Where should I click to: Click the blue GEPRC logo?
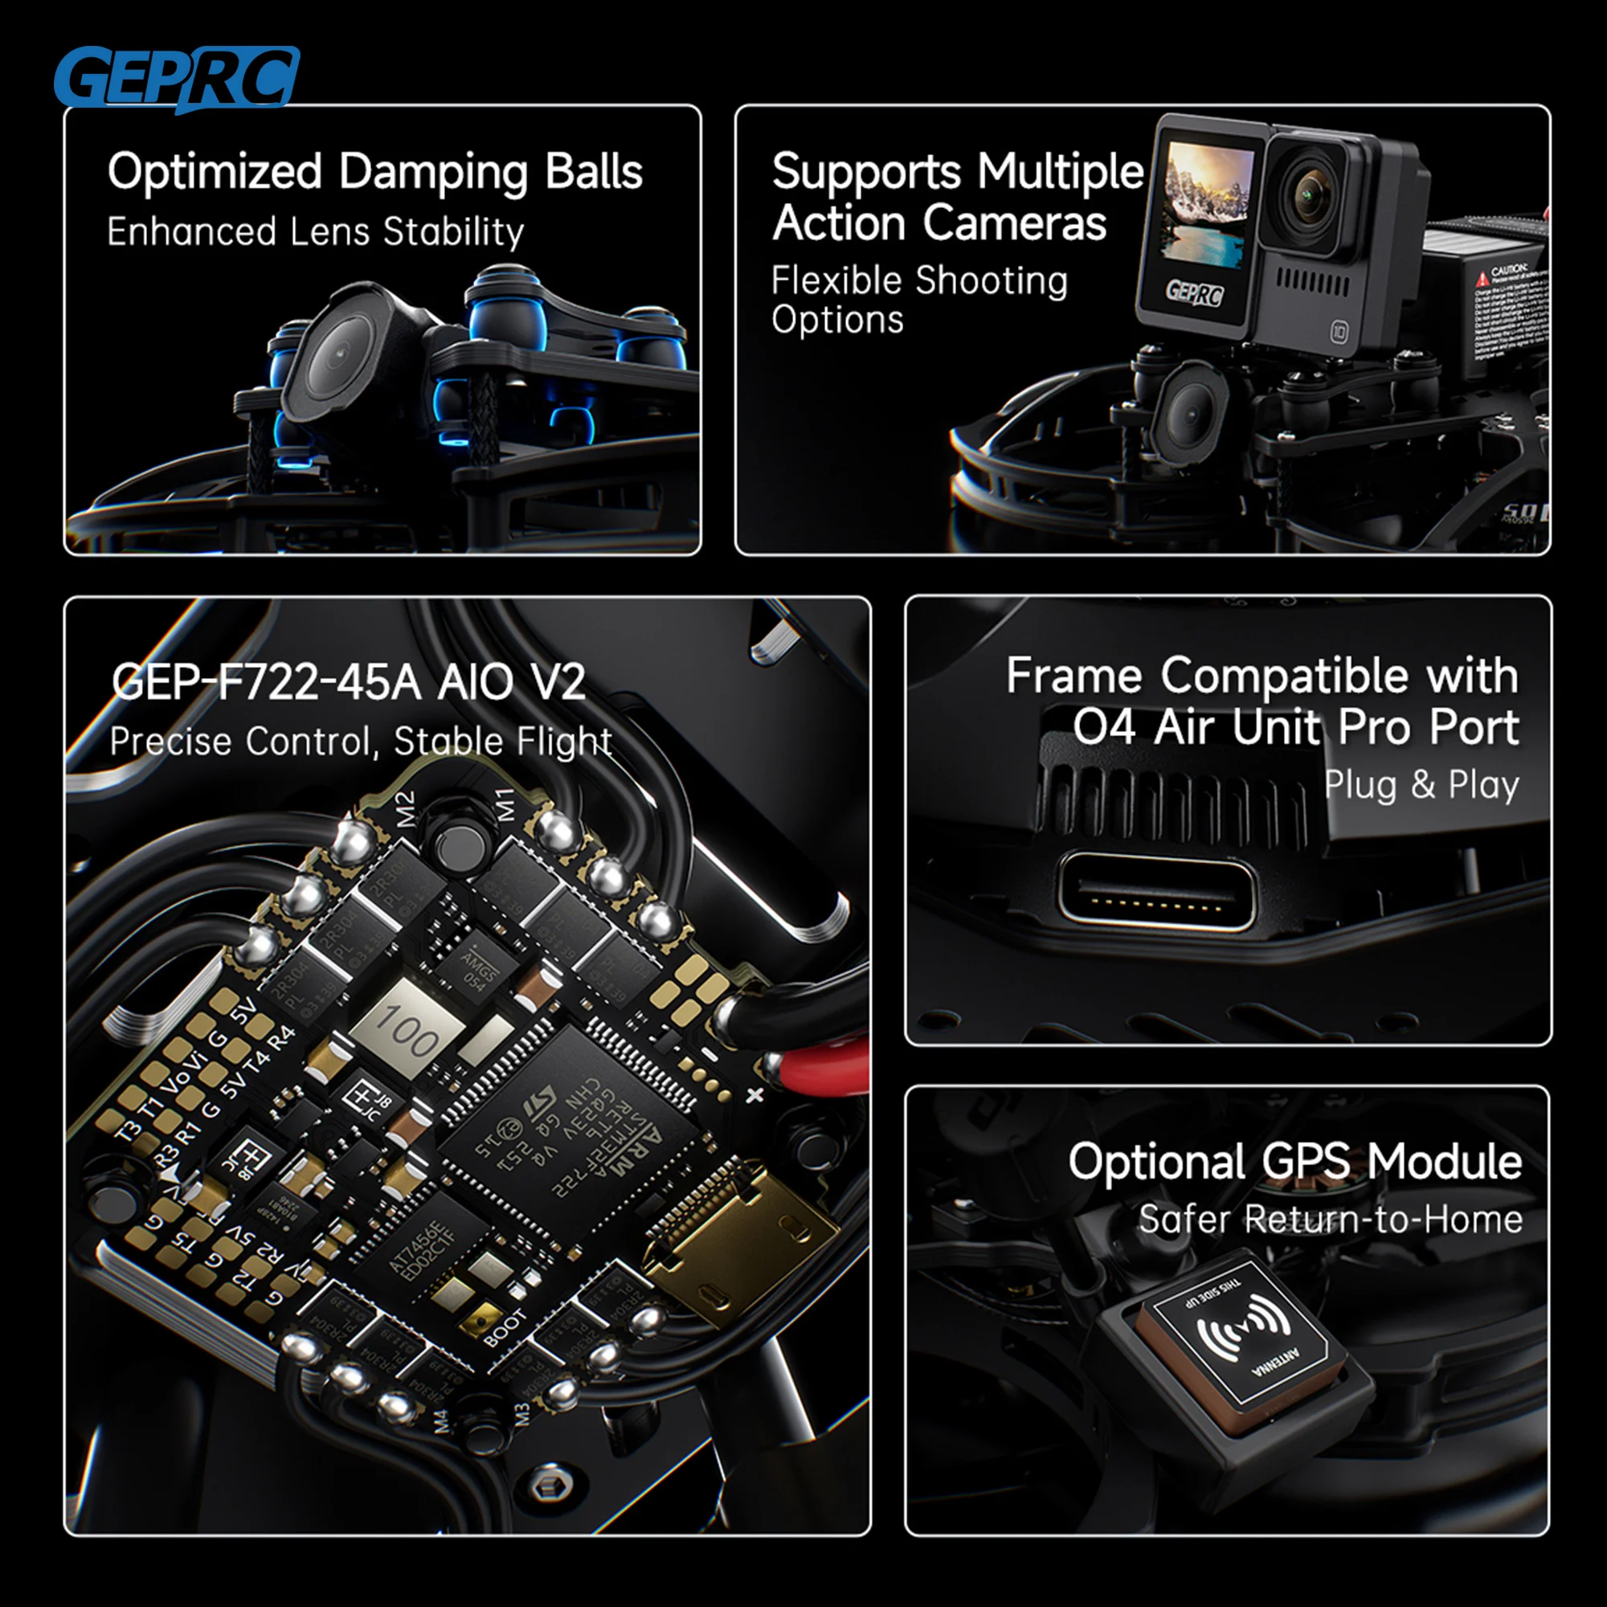[176, 78]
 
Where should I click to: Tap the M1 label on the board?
[506, 803]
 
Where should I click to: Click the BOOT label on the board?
[505, 1328]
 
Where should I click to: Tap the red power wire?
[824, 1073]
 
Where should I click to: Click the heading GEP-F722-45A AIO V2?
[349, 682]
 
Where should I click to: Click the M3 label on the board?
[522, 1414]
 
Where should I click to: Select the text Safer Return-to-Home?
[1330, 1220]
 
